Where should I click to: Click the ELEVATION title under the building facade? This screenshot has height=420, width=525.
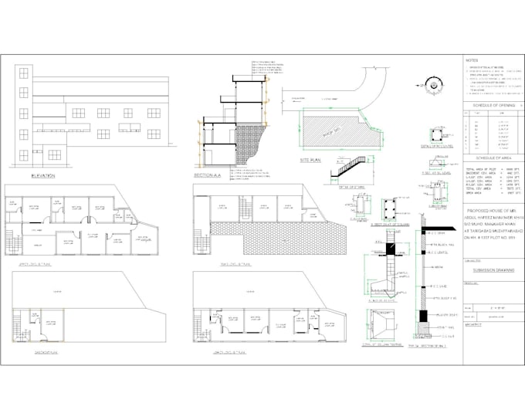[42, 176]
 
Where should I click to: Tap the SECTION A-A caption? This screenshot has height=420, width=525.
[208, 176]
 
